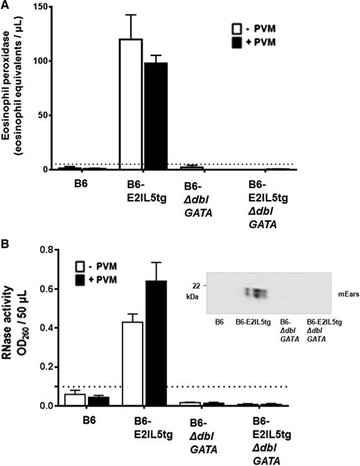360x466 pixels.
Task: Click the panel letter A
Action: (x=6, y=7)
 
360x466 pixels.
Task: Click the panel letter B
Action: (x=6, y=244)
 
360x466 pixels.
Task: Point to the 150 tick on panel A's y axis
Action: (x=46, y=7)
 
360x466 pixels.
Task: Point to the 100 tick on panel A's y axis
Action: (x=46, y=61)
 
